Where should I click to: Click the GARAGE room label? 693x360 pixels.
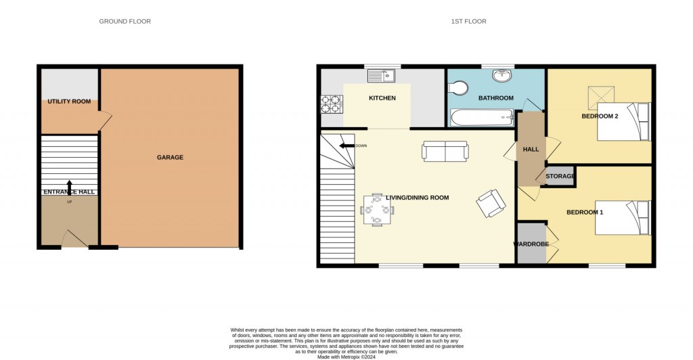(170, 158)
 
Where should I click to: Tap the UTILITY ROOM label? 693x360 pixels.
(69, 102)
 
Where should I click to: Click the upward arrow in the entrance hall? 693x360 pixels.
(69, 187)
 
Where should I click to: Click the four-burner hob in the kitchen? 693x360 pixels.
(332, 104)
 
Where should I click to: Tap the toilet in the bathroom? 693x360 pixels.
(458, 88)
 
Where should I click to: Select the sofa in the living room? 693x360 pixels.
(445, 151)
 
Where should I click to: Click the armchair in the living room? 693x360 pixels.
(491, 202)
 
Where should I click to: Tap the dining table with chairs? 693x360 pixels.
(377, 210)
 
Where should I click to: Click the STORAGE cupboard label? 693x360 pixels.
(560, 177)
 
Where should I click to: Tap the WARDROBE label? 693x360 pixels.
(531, 244)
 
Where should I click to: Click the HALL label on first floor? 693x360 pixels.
(531, 150)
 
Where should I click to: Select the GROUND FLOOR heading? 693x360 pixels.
(125, 22)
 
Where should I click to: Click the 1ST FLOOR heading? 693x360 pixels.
(468, 22)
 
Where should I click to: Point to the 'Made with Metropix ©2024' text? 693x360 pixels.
(346, 357)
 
